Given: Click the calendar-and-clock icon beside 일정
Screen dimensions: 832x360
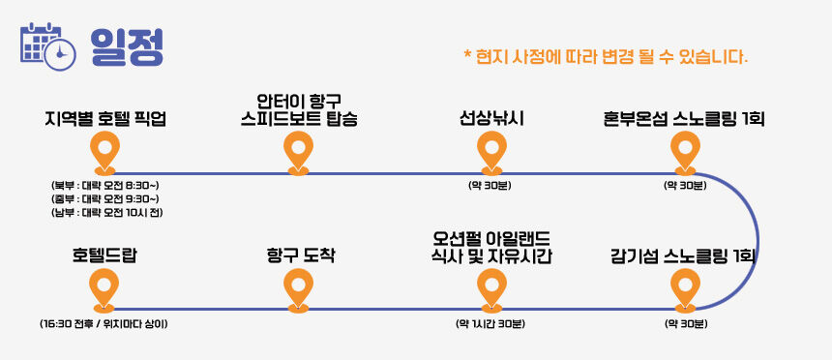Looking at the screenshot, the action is click(x=48, y=45).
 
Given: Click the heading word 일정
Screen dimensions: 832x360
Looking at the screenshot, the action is click(x=127, y=46).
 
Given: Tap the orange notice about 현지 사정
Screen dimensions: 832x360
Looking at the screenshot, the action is click(x=606, y=56).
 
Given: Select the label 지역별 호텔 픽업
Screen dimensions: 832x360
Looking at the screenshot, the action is click(x=105, y=119).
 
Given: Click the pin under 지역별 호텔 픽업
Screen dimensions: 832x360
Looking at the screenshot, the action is click(x=104, y=153).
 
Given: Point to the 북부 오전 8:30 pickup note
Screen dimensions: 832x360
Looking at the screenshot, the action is click(x=105, y=186).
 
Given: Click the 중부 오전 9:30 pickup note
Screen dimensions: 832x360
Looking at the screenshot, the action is click(x=105, y=199).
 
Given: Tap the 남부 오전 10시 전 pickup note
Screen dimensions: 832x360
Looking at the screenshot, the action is click(x=106, y=213).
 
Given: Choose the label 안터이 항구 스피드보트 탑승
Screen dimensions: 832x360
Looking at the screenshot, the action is click(x=299, y=110).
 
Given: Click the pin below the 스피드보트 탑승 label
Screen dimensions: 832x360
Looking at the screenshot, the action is click(x=298, y=153).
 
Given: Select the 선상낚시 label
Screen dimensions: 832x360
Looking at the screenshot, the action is click(x=491, y=119).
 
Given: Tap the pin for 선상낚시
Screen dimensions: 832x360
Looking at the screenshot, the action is click(x=491, y=153).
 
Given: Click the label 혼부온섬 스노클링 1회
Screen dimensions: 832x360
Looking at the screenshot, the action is click(x=684, y=119).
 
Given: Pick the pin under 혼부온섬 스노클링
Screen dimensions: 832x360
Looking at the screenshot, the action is click(x=686, y=153).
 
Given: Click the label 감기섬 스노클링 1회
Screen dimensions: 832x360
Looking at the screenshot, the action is click(x=683, y=256).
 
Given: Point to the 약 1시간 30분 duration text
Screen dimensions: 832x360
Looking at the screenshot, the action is click(x=490, y=323).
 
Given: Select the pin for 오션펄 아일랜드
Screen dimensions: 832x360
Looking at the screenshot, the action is click(x=491, y=290).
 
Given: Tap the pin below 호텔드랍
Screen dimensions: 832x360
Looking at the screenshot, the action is click(x=104, y=290).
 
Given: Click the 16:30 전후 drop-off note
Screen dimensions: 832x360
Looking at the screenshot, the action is click(x=104, y=323).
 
